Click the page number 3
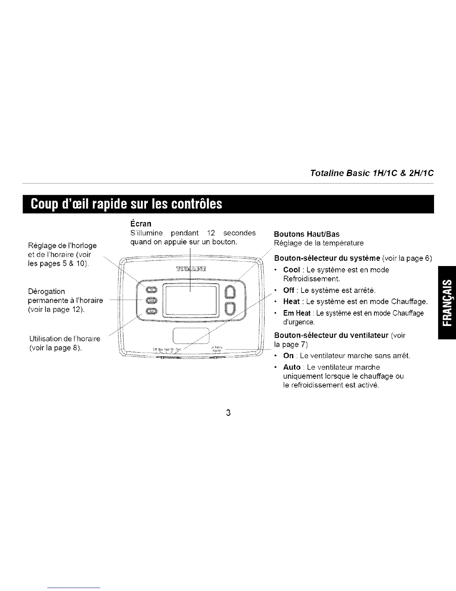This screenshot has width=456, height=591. point(228,413)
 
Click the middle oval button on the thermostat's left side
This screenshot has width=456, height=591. point(152,300)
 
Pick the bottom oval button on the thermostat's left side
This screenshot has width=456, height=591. point(152,312)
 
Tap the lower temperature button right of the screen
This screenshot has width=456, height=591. point(231,308)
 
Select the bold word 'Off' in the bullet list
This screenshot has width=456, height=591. point(289,290)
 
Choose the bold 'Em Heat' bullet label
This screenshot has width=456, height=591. point(297,313)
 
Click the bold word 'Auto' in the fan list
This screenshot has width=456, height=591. point(292,367)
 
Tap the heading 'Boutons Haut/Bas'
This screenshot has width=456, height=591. point(307,234)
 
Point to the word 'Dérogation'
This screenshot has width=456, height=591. point(47,291)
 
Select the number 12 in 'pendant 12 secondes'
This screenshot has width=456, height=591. point(211,233)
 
